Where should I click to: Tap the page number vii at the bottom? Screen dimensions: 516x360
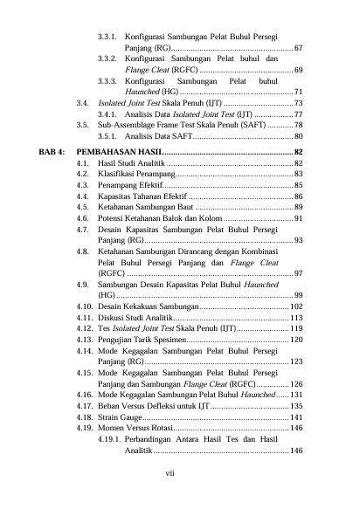[x=180, y=472]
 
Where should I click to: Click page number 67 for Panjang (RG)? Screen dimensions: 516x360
[x=299, y=45]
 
